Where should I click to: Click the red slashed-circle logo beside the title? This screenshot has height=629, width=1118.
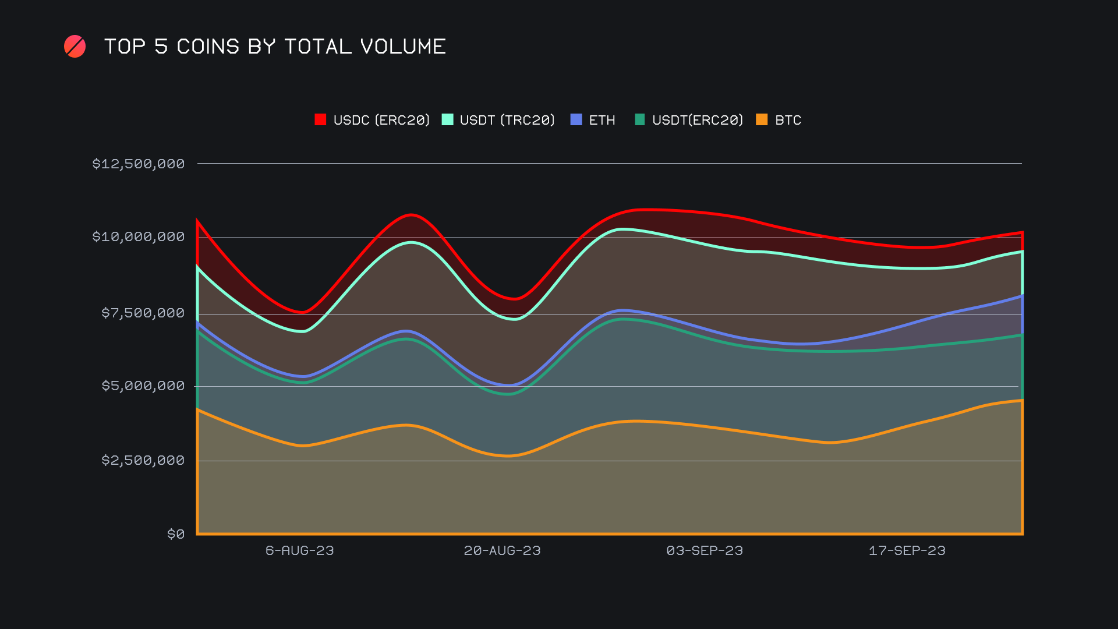[x=75, y=47]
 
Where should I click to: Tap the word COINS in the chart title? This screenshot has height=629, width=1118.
[x=208, y=47]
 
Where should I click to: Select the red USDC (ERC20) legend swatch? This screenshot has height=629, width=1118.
[x=320, y=119]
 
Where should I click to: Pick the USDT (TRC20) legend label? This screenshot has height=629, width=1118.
[x=507, y=120]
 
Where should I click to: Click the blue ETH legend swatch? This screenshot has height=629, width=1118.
[x=576, y=119]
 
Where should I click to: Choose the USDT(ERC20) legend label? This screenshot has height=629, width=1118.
[x=698, y=120]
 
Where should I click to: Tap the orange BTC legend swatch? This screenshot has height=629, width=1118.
[x=762, y=119]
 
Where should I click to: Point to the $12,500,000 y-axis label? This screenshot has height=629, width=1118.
[x=139, y=164]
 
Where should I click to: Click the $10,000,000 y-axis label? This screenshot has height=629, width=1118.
[x=139, y=236]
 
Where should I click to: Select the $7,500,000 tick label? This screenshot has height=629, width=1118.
[x=143, y=313]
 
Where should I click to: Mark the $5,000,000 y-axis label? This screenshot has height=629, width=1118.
[x=143, y=386]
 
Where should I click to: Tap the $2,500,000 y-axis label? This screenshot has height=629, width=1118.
[x=143, y=460]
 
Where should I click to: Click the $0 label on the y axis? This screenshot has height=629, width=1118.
[x=176, y=534]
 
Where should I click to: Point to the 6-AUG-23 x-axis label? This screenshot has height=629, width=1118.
[x=300, y=550]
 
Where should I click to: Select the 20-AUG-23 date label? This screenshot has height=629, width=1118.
[x=502, y=550]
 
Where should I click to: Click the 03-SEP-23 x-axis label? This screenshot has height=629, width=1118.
[x=705, y=550]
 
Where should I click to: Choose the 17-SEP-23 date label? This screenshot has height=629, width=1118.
[x=907, y=550]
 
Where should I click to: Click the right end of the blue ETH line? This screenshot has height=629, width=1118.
[x=1022, y=296]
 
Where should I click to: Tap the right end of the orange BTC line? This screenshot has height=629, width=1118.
[x=1022, y=400]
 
